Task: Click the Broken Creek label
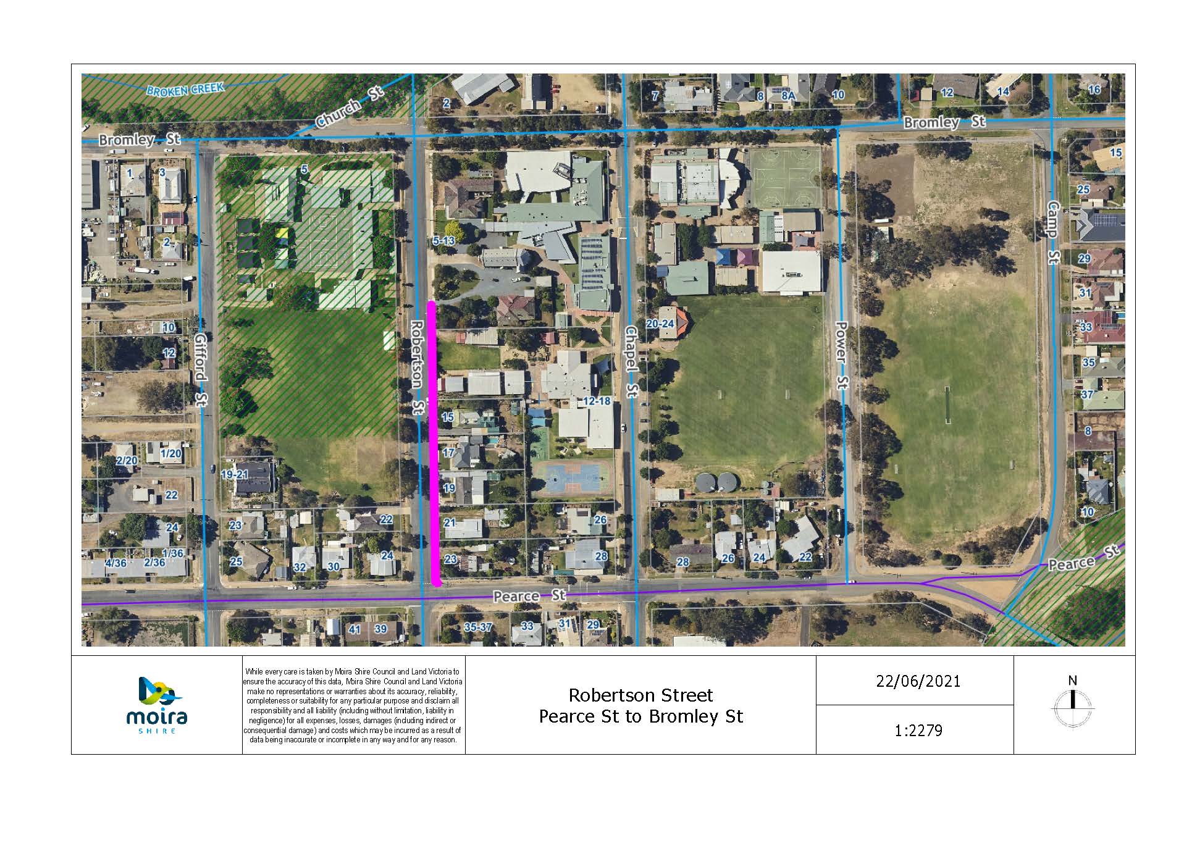coord(185,89)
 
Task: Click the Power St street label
coord(841,355)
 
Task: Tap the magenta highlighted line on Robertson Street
coord(435,443)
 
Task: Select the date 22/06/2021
coord(918,681)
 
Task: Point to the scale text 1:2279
coord(918,731)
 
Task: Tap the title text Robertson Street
coord(640,695)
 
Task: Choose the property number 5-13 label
coord(443,241)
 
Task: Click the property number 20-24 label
coord(660,324)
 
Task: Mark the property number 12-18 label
coord(596,401)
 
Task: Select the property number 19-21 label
coord(234,474)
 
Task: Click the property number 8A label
coord(788,96)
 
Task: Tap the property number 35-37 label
coord(478,627)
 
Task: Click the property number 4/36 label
coord(115,563)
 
